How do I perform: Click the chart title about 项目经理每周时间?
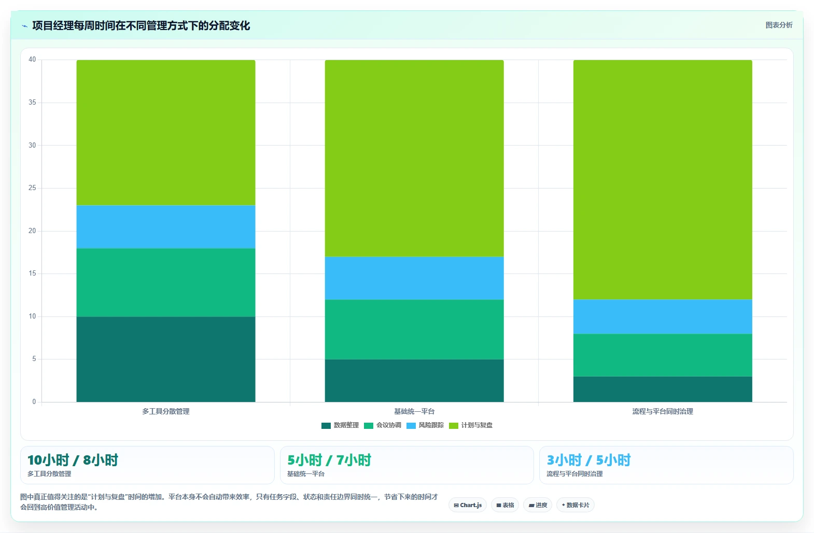point(141,26)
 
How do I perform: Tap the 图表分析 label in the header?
point(779,25)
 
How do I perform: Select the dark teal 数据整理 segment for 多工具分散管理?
point(166,359)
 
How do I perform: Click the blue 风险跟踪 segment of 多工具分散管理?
point(166,227)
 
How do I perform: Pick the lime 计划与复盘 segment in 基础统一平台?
point(414,159)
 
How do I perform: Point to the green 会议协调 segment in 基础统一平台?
point(414,329)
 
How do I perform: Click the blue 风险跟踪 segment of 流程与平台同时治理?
point(663,316)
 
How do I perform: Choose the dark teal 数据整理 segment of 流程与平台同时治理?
point(663,389)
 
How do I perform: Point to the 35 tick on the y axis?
point(32,103)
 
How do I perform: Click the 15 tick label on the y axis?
point(32,273)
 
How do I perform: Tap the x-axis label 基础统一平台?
point(414,411)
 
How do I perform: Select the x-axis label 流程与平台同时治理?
point(663,411)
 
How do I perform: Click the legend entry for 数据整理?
point(340,425)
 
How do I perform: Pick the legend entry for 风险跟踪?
point(425,425)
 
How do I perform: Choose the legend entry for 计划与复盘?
point(471,425)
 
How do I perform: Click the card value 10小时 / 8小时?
point(73,460)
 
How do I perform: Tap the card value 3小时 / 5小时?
point(588,460)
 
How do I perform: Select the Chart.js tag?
point(468,505)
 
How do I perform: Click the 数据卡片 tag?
point(576,505)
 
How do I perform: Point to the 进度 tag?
point(538,505)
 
